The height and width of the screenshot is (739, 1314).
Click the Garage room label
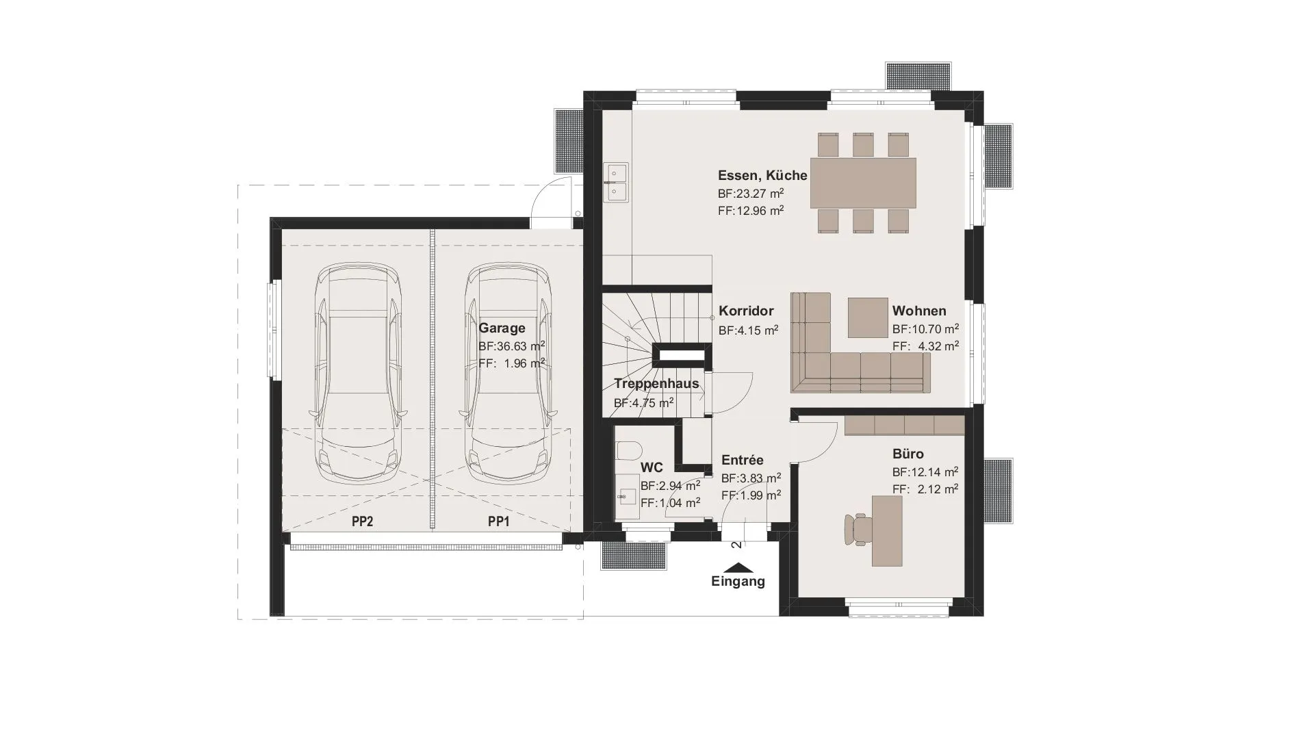(x=502, y=328)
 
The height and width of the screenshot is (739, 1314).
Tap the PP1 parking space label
(x=499, y=521)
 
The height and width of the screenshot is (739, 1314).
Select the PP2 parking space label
(x=362, y=521)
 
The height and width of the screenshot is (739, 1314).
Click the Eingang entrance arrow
(x=738, y=568)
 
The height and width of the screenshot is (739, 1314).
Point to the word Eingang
(x=738, y=582)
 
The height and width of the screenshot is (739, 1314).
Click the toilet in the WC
(x=628, y=451)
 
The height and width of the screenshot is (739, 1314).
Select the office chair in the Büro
(x=859, y=530)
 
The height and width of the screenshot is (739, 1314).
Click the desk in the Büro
(x=887, y=531)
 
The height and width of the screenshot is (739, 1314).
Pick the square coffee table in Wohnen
(x=868, y=317)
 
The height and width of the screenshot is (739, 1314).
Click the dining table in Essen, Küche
(x=863, y=183)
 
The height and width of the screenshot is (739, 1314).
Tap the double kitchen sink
(x=615, y=183)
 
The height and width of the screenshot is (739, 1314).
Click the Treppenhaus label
(x=656, y=383)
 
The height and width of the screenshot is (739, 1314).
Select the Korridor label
(x=746, y=311)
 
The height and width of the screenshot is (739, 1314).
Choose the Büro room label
(x=908, y=454)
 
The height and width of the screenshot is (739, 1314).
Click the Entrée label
(x=743, y=461)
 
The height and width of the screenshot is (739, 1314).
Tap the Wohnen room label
(x=919, y=311)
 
